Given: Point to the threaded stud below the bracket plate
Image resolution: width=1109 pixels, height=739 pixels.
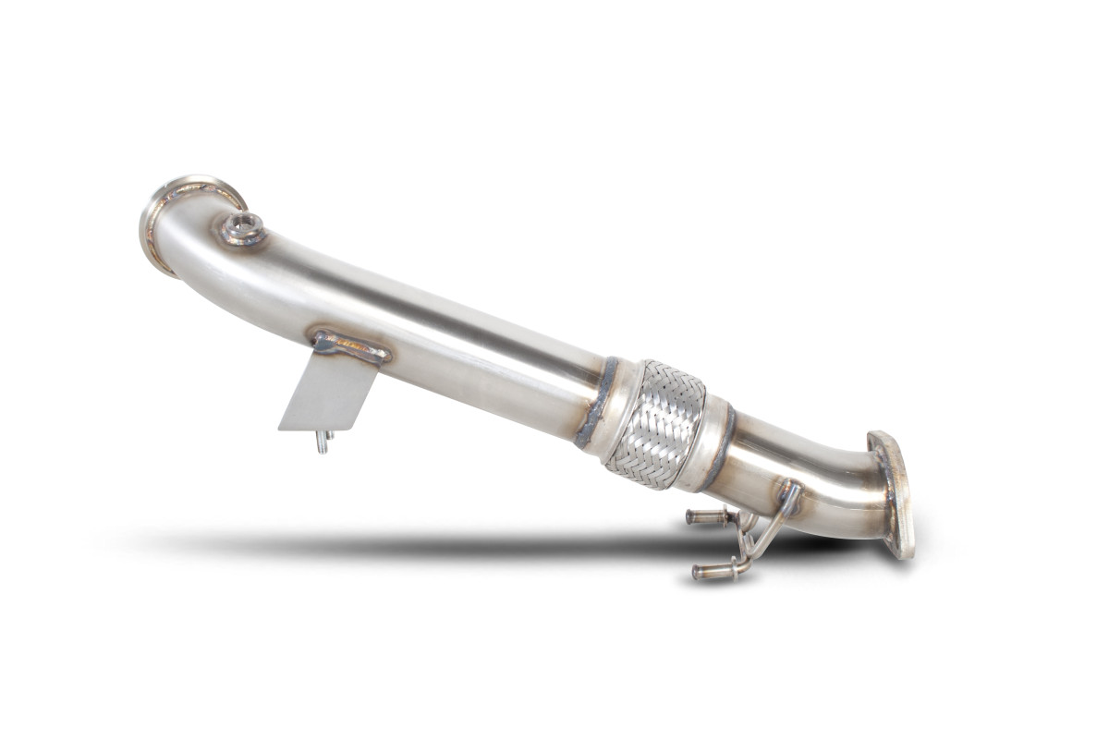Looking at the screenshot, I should tap(323, 442).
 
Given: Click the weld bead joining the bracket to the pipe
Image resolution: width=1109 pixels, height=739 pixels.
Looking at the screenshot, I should tap(352, 346).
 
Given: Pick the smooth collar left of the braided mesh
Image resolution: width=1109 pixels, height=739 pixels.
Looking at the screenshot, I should tap(618, 410).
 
